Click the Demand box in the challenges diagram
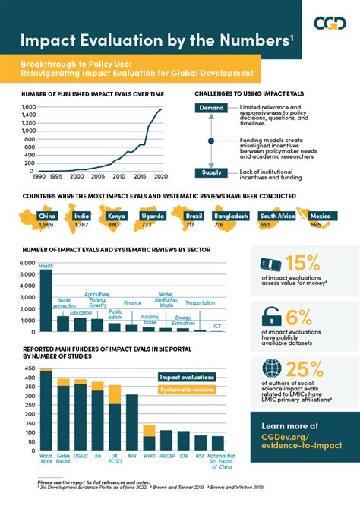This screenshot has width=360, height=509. pos(212,108)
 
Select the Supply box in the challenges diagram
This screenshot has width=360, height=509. pos(212,173)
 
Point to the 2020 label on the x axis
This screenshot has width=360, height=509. pos(161,176)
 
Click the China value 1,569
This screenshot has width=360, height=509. pos(46,226)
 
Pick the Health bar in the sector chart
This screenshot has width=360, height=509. pos(46,301)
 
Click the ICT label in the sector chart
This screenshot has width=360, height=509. pos(217,326)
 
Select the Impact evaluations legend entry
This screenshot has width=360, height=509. pos(187,378)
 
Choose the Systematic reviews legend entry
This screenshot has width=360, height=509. pos(187,390)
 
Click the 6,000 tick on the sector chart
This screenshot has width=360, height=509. pos(24,262)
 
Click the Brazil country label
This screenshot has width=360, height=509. pos(194,217)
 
